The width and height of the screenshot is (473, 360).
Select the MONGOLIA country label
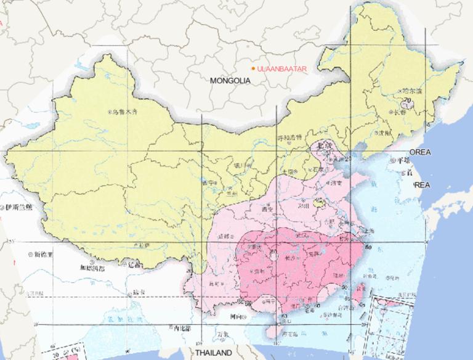coord(230,81)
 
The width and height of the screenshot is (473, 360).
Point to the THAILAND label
coord(214,353)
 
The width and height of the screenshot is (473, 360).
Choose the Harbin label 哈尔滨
coord(412,91)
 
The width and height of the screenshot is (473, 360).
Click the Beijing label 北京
coord(323,145)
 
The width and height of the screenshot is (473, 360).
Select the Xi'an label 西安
coord(267,209)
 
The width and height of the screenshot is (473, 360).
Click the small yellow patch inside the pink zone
coord(318,202)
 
